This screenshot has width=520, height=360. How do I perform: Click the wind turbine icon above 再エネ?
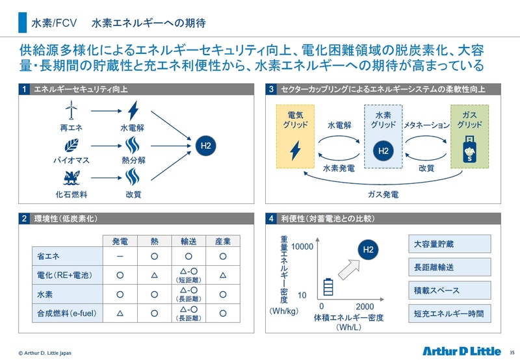(71, 110)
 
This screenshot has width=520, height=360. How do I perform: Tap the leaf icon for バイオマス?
(71, 146)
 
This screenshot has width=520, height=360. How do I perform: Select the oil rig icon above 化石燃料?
(71, 177)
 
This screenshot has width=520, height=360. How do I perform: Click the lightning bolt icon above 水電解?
(133, 110)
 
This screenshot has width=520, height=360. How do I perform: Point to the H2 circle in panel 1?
(205, 146)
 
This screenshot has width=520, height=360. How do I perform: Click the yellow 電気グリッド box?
(295, 136)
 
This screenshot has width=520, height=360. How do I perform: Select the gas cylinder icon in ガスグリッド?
(469, 149)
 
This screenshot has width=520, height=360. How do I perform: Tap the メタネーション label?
(426, 125)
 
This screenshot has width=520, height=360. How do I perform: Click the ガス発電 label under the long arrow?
(383, 194)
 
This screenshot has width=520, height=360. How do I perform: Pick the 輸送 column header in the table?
(188, 241)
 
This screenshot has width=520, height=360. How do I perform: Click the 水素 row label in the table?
(45, 294)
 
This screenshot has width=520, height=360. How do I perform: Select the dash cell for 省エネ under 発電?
(120, 256)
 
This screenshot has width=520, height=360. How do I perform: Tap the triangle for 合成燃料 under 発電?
(120, 313)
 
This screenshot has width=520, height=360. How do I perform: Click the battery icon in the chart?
(328, 287)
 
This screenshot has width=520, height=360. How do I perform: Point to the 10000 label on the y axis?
(302, 247)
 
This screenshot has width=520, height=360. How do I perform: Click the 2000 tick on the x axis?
(365, 307)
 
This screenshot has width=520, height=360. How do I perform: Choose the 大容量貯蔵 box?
(449, 244)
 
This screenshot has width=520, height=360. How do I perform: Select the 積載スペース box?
(449, 290)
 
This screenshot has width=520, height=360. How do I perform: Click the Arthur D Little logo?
(461, 351)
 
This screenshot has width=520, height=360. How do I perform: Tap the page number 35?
(512, 353)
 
